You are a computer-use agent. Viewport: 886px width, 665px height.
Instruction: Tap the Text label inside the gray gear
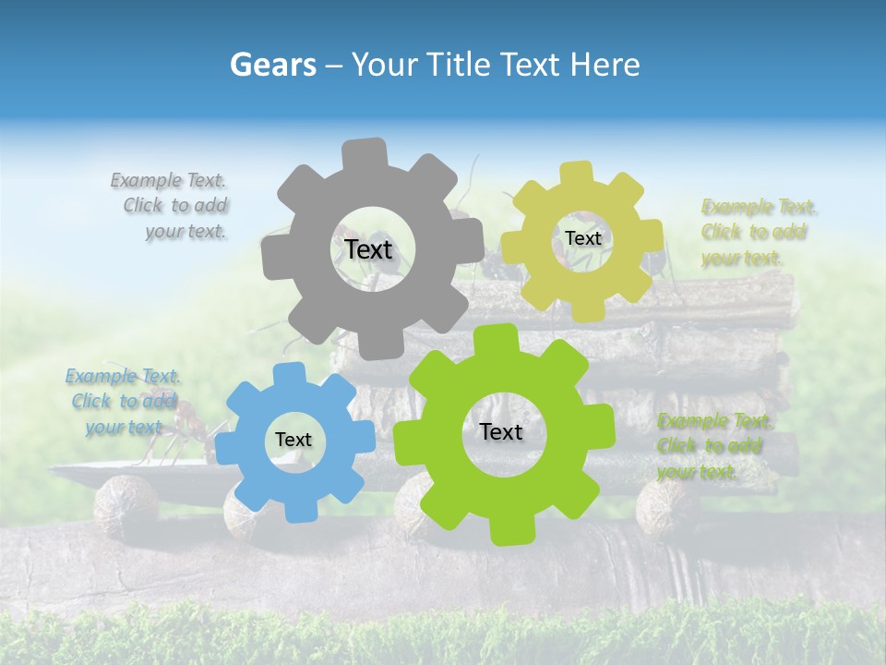[368, 249]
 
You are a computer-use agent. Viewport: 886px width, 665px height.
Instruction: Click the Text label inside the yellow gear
[582, 238]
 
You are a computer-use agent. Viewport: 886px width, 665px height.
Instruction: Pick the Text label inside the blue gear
[293, 440]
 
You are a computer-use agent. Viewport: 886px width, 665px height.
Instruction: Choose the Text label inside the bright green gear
[501, 431]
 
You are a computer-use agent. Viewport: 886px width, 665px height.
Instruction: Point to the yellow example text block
[757, 232]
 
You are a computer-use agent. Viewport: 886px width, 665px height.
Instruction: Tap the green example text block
[712, 446]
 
